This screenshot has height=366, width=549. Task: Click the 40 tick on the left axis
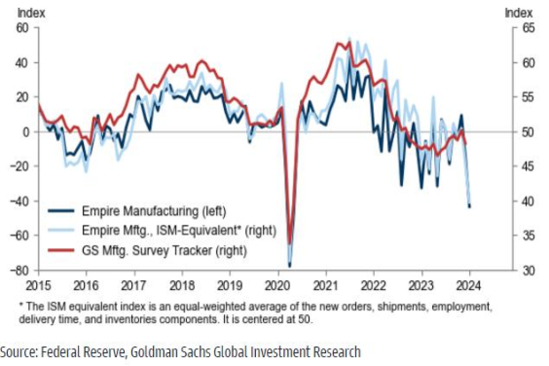(23, 63)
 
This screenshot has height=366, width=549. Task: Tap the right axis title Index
(518, 13)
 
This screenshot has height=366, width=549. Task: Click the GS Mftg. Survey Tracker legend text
(164, 250)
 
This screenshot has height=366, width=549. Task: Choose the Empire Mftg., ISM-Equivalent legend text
(179, 231)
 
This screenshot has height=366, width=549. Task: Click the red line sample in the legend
(61, 250)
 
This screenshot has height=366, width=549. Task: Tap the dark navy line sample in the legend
(61, 211)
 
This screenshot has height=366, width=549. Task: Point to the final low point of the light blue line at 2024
(469, 205)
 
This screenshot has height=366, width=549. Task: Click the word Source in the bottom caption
(18, 352)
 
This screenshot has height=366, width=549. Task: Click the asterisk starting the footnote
(21, 306)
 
